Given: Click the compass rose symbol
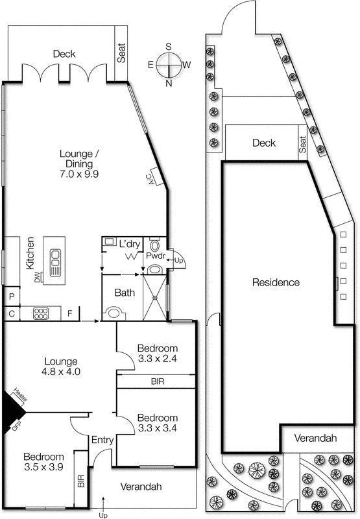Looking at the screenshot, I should [x=169, y=65].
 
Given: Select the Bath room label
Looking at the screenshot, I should [x=125, y=293].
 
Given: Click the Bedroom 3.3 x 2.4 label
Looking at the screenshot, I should [x=157, y=353].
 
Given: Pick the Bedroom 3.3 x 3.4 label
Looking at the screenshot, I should [x=157, y=422].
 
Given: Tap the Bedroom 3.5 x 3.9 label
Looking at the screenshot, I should [x=44, y=461].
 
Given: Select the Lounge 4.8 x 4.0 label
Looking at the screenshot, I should [x=60, y=367].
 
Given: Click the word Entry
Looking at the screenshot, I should [x=102, y=441].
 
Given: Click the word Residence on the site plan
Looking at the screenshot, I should [x=276, y=282].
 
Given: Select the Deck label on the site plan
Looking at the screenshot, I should [x=264, y=143].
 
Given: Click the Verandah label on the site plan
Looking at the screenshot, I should [x=315, y=439].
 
